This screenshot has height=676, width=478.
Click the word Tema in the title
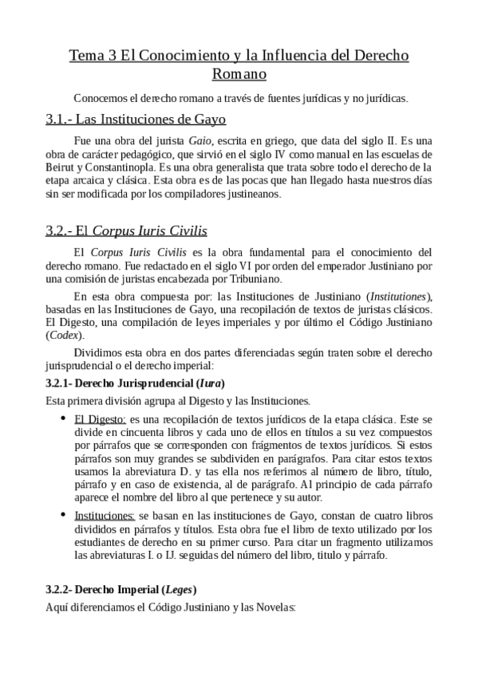coord(85,57)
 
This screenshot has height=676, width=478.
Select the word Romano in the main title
coord(239,75)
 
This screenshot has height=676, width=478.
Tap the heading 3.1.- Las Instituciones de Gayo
coord(136,120)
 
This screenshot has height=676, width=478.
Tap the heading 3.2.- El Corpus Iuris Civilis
coord(127,231)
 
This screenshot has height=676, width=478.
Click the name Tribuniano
coord(261,278)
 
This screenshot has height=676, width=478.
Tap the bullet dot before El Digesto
coord(63,418)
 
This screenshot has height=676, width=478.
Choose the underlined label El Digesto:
coord(100,418)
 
